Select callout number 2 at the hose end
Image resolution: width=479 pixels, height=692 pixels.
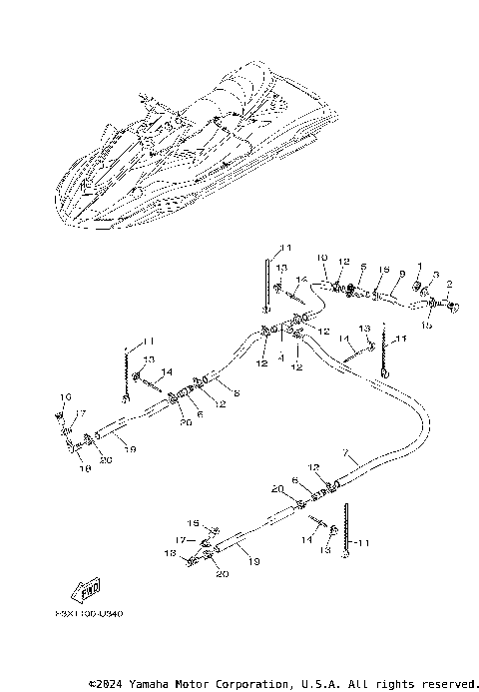click(x=450, y=285)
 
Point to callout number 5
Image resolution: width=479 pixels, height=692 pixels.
click(x=363, y=267)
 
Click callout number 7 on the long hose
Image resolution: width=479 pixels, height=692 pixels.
click(x=345, y=453)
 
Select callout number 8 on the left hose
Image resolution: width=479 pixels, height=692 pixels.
click(x=237, y=393)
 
